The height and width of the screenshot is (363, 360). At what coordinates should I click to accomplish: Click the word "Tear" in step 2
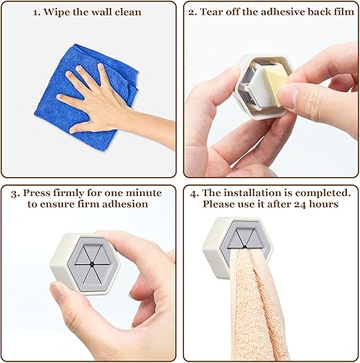(x=211, y=12)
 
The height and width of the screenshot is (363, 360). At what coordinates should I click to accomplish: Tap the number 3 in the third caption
(x=15, y=194)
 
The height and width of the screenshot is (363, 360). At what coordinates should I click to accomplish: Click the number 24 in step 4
(x=300, y=205)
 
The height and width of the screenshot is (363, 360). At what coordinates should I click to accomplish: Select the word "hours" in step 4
(x=324, y=204)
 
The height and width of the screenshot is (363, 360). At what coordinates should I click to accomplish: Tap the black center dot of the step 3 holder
(x=91, y=264)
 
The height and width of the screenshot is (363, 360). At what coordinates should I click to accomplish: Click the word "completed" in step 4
(x=323, y=193)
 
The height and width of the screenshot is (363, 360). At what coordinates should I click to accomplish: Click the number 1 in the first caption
(x=36, y=12)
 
